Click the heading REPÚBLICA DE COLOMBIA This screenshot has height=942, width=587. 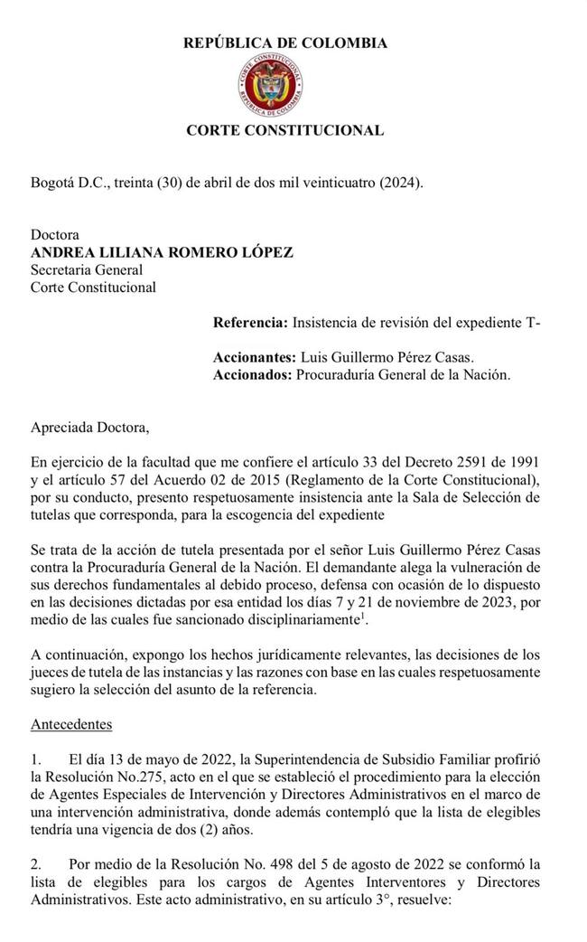click(285, 42)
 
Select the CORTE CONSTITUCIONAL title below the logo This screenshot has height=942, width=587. click(284, 130)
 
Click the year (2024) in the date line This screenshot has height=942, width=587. click(397, 182)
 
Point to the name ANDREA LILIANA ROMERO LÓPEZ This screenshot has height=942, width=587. click(162, 252)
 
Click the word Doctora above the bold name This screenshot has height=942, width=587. click(55, 234)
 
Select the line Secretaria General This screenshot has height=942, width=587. click(87, 269)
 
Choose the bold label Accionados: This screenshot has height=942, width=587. click(253, 374)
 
